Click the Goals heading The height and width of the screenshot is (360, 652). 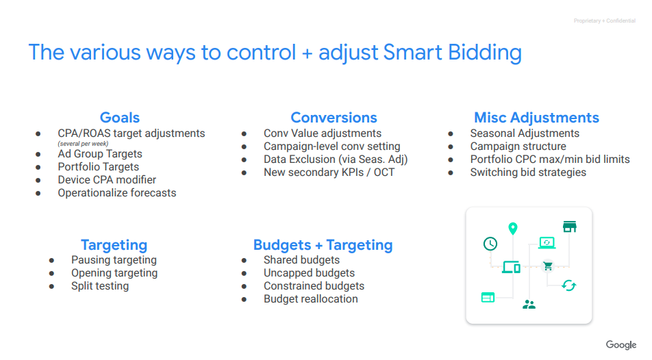120,118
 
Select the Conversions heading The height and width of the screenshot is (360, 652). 334,118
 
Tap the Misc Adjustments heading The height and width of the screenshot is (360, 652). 536,118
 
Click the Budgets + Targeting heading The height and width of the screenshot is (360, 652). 323,245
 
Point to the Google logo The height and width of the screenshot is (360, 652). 621,345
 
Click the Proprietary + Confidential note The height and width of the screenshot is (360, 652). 605,21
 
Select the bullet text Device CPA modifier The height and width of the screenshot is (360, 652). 107,179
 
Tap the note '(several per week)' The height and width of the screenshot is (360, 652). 83,144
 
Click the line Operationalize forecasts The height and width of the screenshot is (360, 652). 117,193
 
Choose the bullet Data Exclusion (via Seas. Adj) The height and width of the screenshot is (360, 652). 336,159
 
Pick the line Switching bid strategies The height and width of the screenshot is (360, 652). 528,172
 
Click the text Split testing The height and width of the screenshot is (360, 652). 100,286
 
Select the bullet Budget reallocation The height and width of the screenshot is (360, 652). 311,299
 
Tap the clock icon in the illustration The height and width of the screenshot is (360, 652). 490,244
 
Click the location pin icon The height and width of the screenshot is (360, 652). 513,228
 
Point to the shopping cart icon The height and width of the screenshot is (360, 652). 548,266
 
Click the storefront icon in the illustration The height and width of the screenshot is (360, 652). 570,227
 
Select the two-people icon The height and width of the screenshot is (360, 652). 529,305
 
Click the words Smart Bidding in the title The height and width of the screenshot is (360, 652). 453,53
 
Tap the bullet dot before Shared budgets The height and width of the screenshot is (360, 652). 244,261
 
